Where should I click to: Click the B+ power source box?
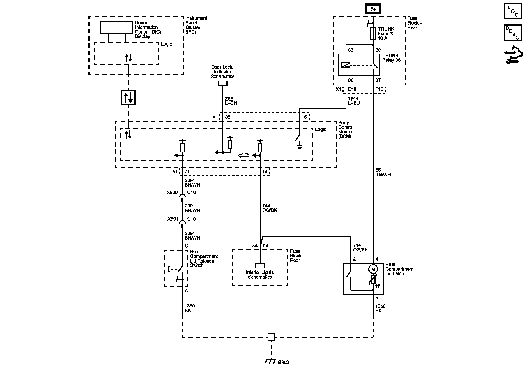[x=373, y=9]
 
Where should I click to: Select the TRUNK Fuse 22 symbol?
[x=373, y=34]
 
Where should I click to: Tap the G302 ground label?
[x=283, y=362]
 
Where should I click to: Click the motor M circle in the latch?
[x=373, y=268]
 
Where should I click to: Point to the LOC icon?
[x=513, y=11]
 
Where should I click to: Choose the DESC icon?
[x=513, y=33]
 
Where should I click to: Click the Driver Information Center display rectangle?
[x=116, y=27]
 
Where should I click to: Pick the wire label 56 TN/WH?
[x=383, y=172]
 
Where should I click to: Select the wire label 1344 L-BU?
[x=354, y=101]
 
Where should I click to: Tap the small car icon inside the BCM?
[x=244, y=155]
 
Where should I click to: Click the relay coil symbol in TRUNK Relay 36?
[x=346, y=65]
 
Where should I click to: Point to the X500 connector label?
[x=172, y=192]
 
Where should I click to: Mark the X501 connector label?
[x=173, y=219]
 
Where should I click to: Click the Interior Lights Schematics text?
[x=260, y=275]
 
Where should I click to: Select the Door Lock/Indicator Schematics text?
[x=222, y=72]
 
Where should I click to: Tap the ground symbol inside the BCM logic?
[x=299, y=146]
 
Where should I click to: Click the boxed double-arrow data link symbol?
[x=128, y=98]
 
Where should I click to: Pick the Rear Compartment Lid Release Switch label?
[x=203, y=258]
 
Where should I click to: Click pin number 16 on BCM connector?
[x=304, y=117]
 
